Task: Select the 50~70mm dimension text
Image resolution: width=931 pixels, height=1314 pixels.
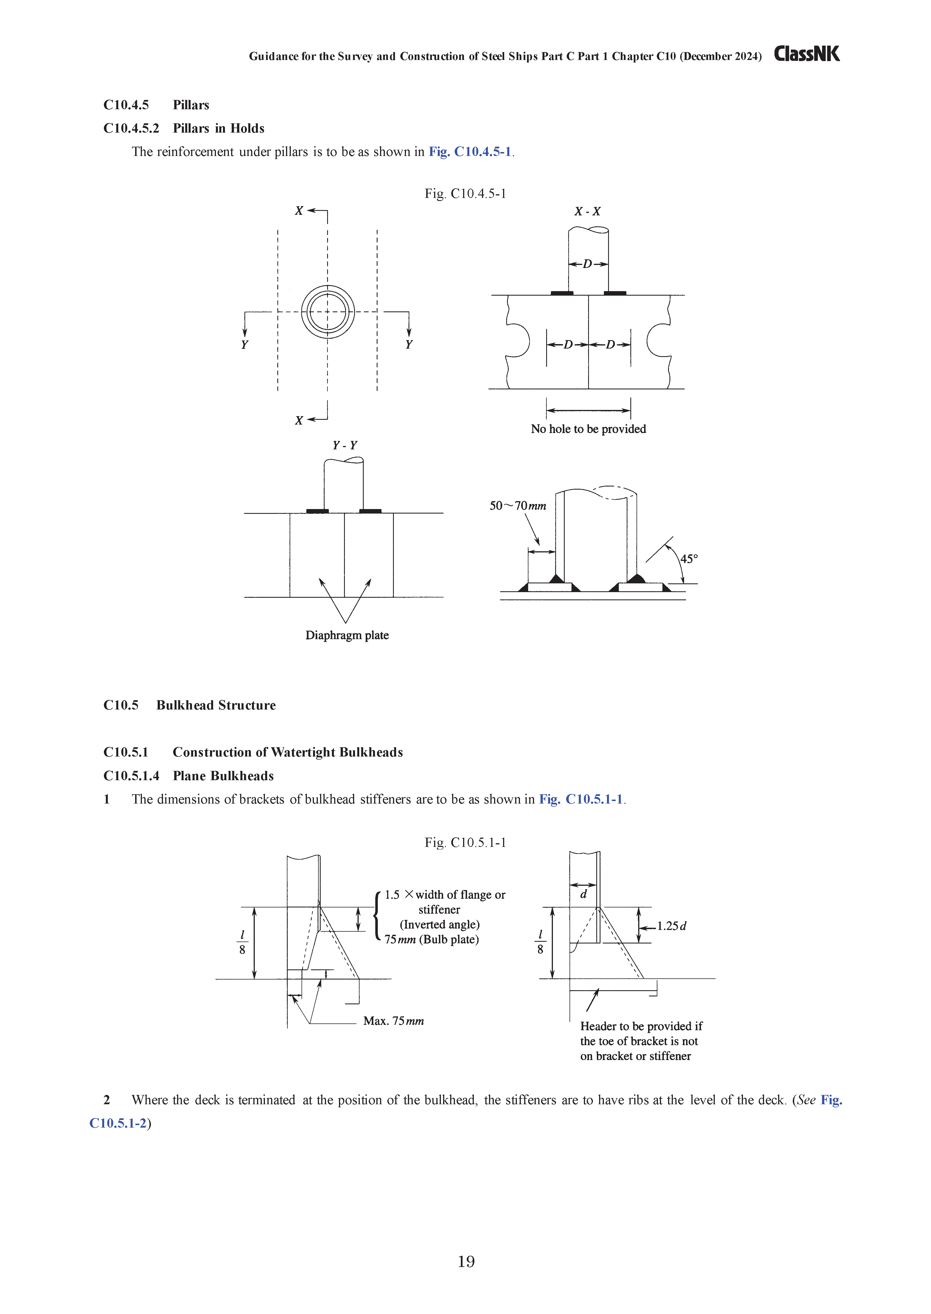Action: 518,506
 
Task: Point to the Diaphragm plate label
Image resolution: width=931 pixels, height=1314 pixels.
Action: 347,635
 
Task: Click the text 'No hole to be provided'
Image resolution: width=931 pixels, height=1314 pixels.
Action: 588,429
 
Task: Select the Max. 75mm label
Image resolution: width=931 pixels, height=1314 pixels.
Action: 393,1021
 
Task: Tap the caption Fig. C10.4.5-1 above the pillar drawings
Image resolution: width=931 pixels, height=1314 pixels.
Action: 465,194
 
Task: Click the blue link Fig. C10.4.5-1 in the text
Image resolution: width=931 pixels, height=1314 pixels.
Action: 470,152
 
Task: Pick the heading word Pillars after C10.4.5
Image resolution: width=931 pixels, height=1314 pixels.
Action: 191,105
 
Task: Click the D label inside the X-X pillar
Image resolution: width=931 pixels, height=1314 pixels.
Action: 588,264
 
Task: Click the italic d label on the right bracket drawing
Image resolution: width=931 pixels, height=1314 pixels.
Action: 584,894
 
